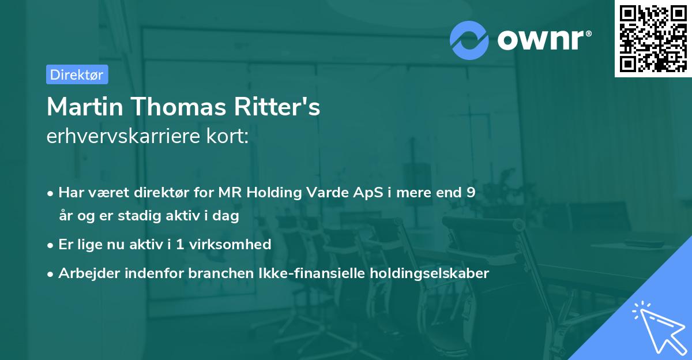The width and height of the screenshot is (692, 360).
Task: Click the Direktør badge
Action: (x=77, y=74)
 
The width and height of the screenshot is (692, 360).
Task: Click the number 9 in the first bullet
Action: (x=472, y=193)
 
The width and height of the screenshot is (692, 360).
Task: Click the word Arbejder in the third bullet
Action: (x=84, y=273)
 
